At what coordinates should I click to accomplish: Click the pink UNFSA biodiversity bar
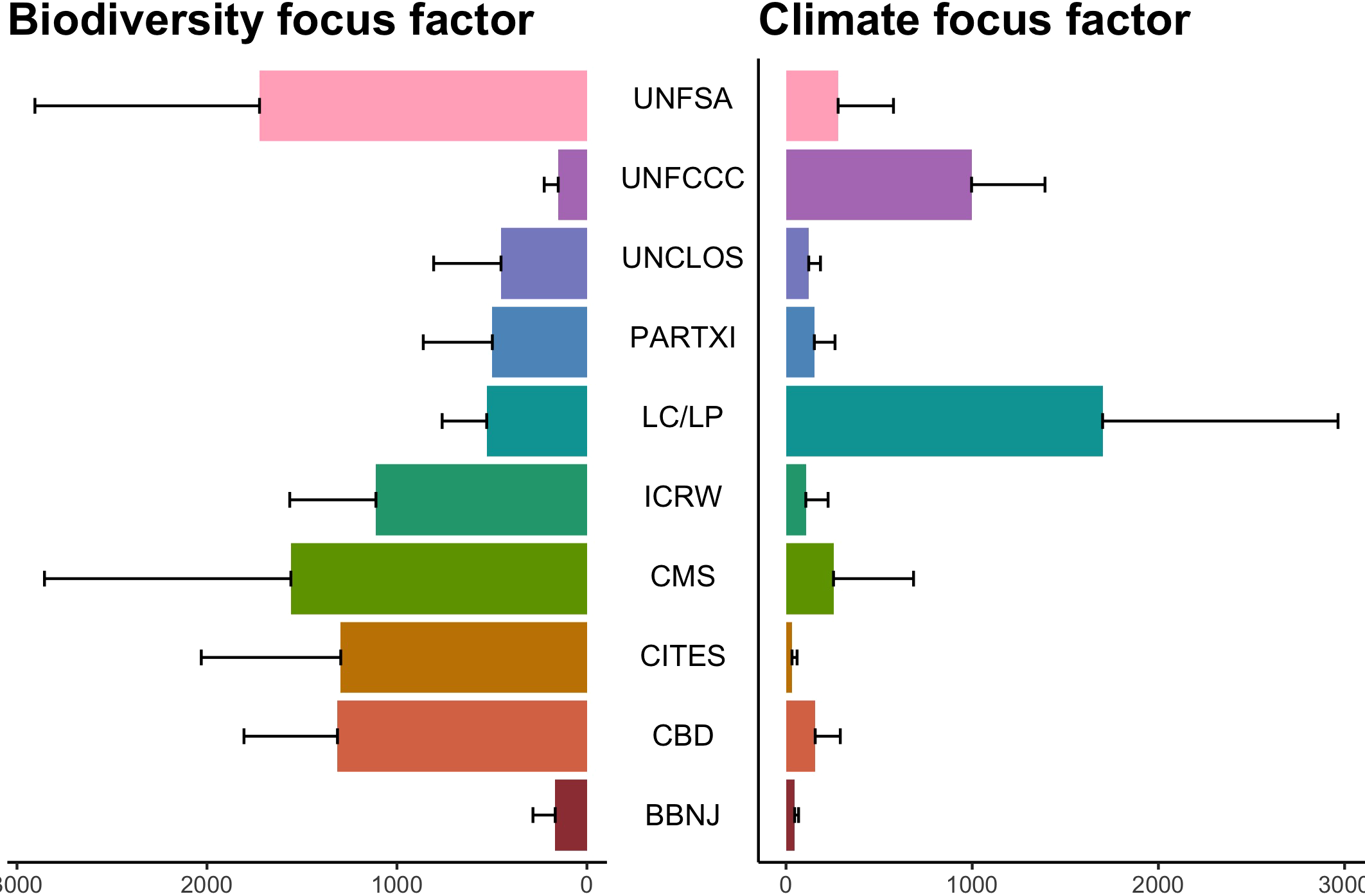pyautogui.click(x=423, y=105)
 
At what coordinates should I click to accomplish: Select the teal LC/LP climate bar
pyautogui.click(x=944, y=421)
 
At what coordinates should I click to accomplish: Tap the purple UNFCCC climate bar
pyautogui.click(x=878, y=185)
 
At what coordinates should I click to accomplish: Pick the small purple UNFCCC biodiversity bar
pyautogui.click(x=572, y=185)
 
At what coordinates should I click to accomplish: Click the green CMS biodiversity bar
pyautogui.click(x=439, y=579)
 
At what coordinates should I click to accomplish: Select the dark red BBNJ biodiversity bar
pyautogui.click(x=571, y=815)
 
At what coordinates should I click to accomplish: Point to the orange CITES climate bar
pyautogui.click(x=789, y=658)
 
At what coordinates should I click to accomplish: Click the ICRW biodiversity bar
pyautogui.click(x=481, y=500)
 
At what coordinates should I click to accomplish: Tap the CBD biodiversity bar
pyautogui.click(x=462, y=736)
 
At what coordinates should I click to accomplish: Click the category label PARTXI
pyautogui.click(x=682, y=338)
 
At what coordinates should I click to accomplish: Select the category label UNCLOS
pyautogui.click(x=682, y=258)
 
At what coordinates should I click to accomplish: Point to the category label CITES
pyautogui.click(x=682, y=656)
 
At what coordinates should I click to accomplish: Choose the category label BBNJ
pyautogui.click(x=682, y=816)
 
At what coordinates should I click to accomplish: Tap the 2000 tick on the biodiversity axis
pyautogui.click(x=206, y=884)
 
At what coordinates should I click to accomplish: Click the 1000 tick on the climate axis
pyautogui.click(x=971, y=884)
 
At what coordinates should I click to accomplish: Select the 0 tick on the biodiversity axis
pyautogui.click(x=586, y=884)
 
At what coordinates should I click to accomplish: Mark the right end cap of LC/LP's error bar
pyautogui.click(x=1337, y=421)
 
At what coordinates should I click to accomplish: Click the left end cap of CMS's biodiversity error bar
pyautogui.click(x=44, y=579)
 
